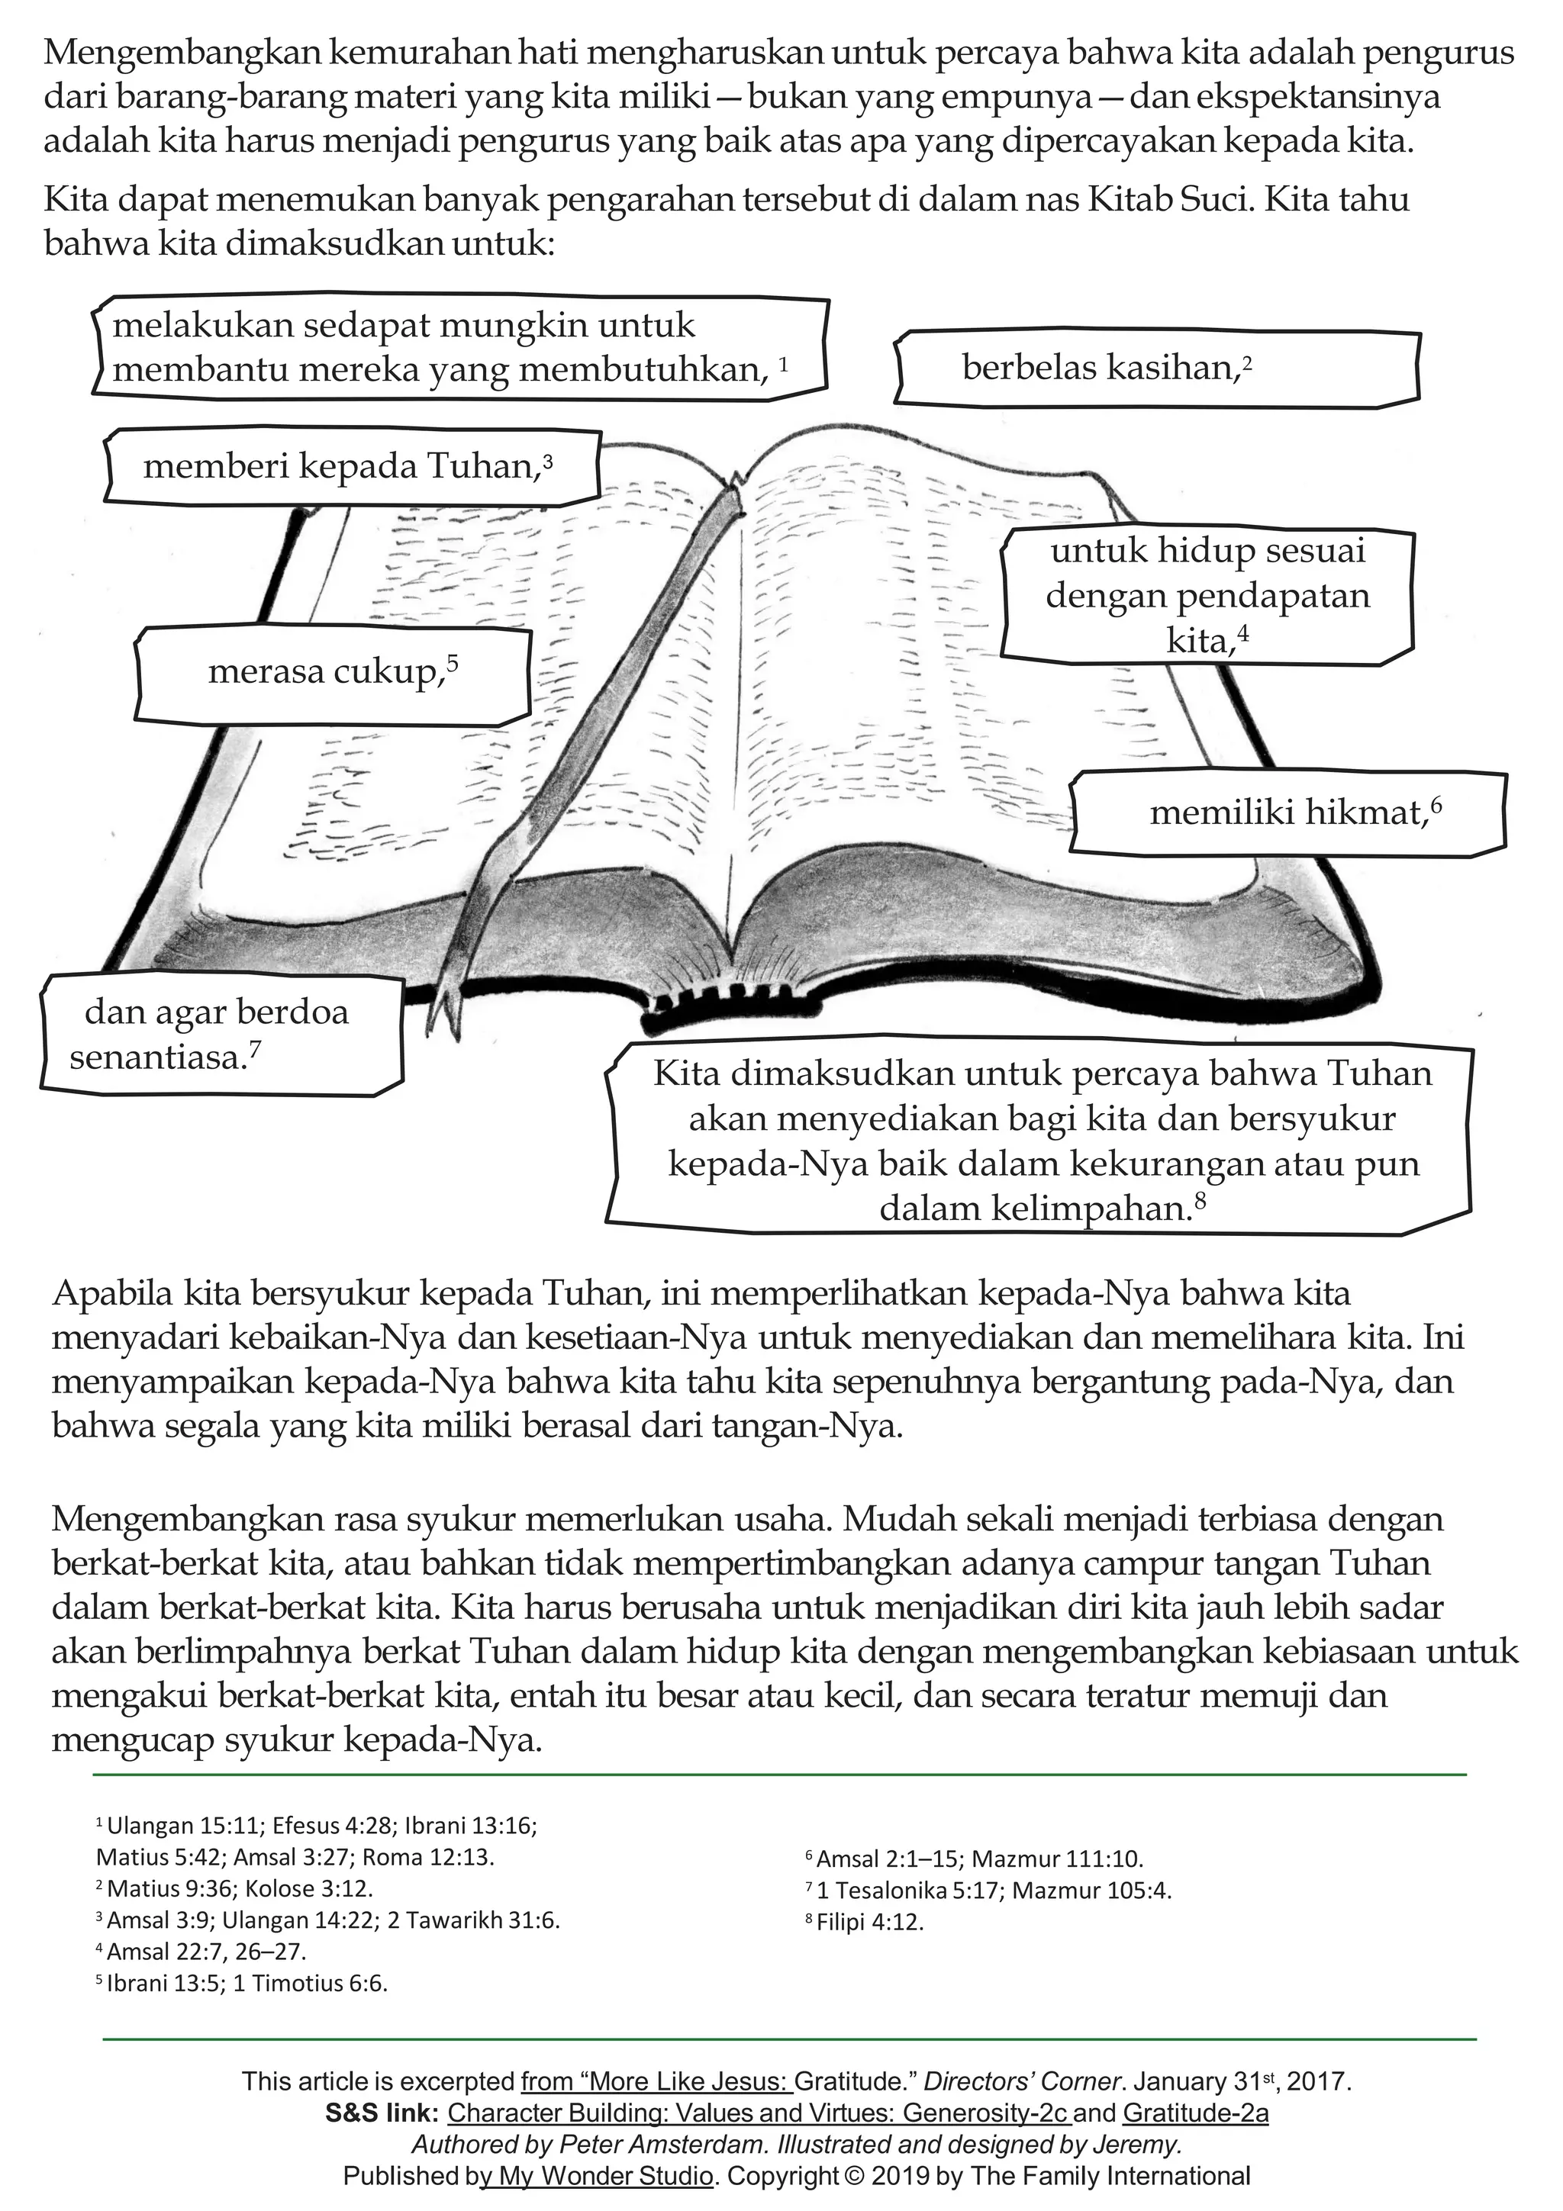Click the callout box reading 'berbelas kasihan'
tap(1155, 368)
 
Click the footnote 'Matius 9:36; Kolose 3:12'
tap(239, 1888)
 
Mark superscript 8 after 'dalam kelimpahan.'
tap(1200, 1201)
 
